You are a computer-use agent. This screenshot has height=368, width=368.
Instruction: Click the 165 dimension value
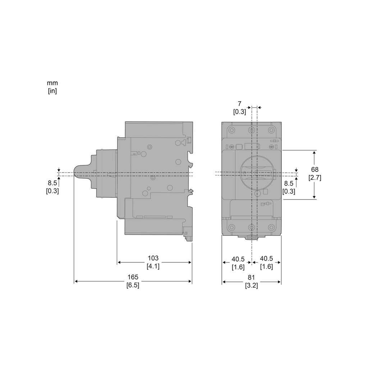[x=133, y=277]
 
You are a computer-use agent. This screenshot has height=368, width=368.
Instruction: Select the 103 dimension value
[x=153, y=258]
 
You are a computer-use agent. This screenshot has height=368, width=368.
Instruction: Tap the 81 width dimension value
[x=251, y=277]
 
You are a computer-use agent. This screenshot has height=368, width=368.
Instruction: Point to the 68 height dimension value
[x=315, y=170]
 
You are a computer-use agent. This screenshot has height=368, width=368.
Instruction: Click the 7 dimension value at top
[x=239, y=104]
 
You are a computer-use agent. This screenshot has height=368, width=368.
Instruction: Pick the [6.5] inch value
[x=133, y=285]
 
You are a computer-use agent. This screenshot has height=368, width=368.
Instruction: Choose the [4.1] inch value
[x=153, y=266]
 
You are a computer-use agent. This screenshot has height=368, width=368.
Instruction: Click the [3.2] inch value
[x=251, y=285]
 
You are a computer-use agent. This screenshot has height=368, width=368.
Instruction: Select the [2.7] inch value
[x=315, y=178]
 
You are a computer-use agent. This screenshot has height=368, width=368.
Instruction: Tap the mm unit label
[x=52, y=83]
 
